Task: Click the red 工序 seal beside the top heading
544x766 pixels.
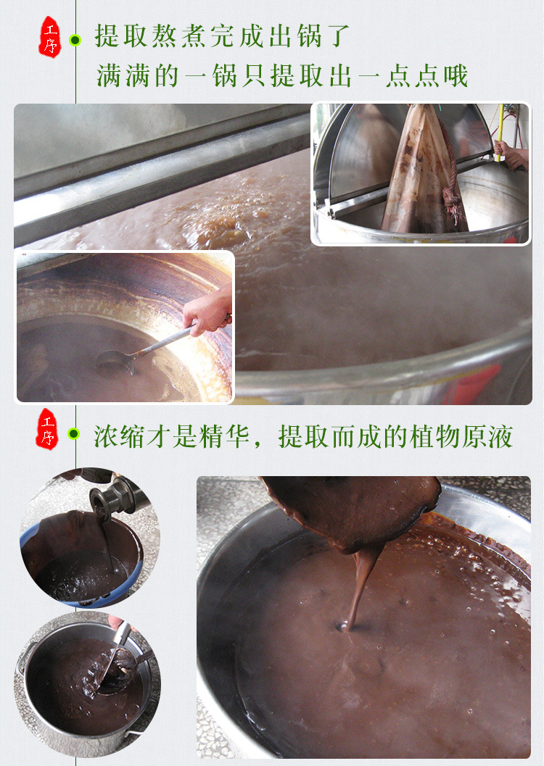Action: point(49,36)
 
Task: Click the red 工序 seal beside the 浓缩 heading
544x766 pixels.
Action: point(47,429)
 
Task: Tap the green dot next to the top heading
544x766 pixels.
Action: point(74,39)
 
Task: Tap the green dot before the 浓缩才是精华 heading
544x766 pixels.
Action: point(73,433)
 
